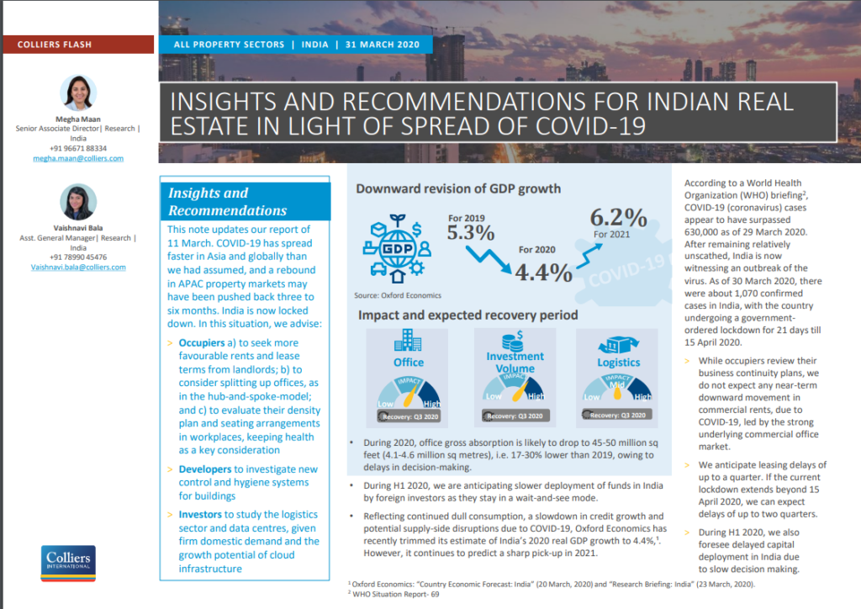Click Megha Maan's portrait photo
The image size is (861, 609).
point(78,93)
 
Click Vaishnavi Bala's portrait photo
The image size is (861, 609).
point(78,203)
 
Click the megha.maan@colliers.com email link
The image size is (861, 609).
point(78,158)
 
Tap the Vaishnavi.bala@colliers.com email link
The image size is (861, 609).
point(78,267)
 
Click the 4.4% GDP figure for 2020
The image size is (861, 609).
point(543,272)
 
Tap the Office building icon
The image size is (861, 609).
point(408,340)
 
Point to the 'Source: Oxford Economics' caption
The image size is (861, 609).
point(398,295)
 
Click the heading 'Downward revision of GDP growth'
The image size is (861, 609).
point(457,188)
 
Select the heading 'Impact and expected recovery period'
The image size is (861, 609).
point(468,315)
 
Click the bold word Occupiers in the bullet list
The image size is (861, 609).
point(202,343)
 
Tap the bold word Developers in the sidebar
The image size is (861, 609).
point(205,469)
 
